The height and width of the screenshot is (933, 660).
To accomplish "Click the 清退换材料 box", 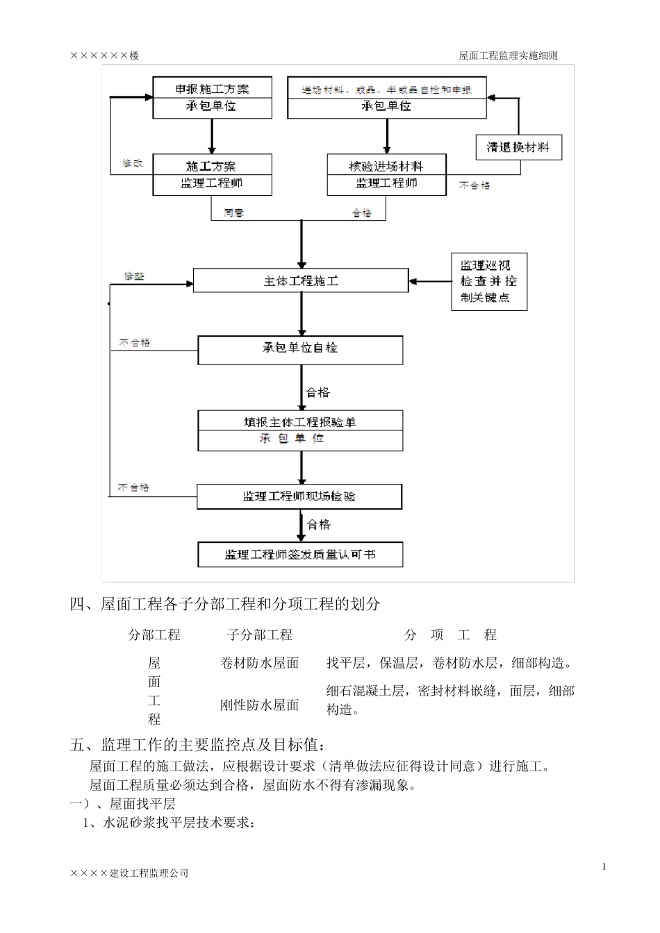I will [x=518, y=147].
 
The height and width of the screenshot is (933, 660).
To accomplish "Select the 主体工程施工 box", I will [x=301, y=281].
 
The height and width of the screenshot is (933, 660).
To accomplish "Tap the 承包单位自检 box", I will [x=300, y=349].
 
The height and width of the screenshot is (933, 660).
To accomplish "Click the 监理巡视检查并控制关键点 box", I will [x=489, y=282].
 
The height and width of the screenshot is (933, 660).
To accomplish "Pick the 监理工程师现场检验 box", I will [x=299, y=497].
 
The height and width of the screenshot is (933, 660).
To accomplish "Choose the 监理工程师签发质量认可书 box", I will [x=300, y=555].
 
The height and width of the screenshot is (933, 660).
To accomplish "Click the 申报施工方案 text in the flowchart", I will [x=212, y=89].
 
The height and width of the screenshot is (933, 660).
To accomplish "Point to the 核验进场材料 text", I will [x=386, y=166].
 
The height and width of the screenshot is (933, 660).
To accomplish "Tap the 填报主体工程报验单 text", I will [x=300, y=422].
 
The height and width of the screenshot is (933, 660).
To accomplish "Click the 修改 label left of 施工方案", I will [x=132, y=164].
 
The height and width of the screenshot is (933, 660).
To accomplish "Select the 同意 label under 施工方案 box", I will [x=234, y=213].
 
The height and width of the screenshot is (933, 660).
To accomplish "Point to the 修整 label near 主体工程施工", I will [x=134, y=276].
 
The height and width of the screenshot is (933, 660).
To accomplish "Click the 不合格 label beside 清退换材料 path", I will [x=475, y=185].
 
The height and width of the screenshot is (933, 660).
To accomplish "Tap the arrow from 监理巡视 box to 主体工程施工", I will [x=431, y=282].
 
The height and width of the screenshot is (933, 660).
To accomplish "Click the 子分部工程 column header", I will [x=260, y=634].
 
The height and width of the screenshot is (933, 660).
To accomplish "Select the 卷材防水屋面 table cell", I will [x=260, y=663].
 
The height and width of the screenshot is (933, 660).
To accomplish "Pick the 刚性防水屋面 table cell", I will [x=260, y=705].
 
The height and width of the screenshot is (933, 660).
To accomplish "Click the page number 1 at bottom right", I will [x=604, y=866].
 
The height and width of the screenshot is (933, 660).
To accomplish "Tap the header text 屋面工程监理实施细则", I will [x=509, y=56].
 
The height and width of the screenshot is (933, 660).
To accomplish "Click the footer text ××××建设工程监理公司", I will [x=129, y=873].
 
